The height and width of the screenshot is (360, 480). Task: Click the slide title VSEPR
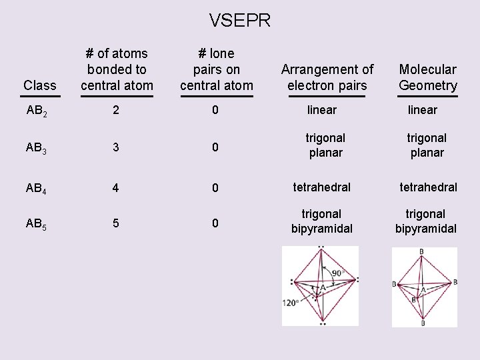(x=240, y=21)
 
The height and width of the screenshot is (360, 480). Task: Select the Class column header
(x=40, y=85)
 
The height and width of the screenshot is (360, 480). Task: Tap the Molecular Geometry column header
(x=428, y=77)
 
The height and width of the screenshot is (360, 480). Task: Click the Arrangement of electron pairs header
(x=327, y=77)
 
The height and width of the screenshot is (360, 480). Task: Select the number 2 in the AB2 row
(x=116, y=110)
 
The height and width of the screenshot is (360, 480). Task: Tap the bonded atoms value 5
(x=116, y=223)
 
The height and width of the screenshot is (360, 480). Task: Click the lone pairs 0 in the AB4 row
(x=215, y=189)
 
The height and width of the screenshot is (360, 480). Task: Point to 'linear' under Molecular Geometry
(x=423, y=110)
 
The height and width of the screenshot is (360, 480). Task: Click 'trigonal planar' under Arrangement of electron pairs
(x=325, y=145)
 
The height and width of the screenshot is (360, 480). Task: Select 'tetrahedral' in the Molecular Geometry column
(x=428, y=187)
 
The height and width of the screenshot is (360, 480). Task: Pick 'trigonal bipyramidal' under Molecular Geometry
(x=426, y=221)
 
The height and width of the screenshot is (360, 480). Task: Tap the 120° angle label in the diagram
(x=291, y=303)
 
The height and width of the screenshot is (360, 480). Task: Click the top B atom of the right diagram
(x=421, y=251)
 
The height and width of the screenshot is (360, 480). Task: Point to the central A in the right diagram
(x=422, y=291)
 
